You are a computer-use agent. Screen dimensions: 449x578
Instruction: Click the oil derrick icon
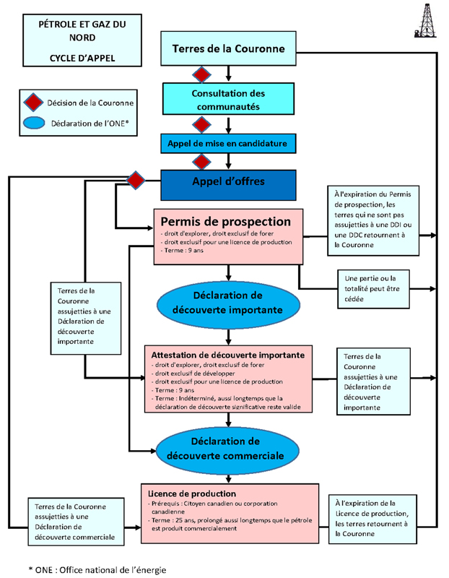[x=426, y=21]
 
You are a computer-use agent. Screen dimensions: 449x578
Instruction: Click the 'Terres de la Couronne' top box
[x=228, y=48]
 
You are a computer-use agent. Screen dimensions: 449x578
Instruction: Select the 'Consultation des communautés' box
[x=228, y=99]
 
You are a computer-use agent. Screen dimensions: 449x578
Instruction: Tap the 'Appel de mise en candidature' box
[x=228, y=143]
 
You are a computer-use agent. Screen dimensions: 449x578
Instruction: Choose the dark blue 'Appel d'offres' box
[x=228, y=185]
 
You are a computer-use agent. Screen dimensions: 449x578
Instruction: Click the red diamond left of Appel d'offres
[x=136, y=180]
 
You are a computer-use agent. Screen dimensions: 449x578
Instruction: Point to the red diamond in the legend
[x=33, y=102]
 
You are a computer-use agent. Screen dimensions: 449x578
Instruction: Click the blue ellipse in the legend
[x=34, y=123]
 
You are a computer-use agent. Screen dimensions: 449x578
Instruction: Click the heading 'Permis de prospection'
[x=225, y=222]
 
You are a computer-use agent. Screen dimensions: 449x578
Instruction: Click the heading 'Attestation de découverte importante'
[x=227, y=355]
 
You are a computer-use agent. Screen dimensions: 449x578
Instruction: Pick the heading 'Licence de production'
[x=192, y=493]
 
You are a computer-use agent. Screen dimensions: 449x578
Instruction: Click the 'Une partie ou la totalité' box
[x=373, y=289]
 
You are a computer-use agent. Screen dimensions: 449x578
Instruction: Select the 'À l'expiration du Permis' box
[x=373, y=220]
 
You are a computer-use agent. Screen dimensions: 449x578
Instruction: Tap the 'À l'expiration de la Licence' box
[x=372, y=519]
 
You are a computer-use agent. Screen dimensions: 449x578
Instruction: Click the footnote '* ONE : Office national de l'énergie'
[x=97, y=570]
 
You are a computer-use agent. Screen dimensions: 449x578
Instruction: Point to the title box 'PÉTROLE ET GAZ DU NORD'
[x=82, y=40]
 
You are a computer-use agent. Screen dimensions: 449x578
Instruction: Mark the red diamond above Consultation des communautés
[x=201, y=75]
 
